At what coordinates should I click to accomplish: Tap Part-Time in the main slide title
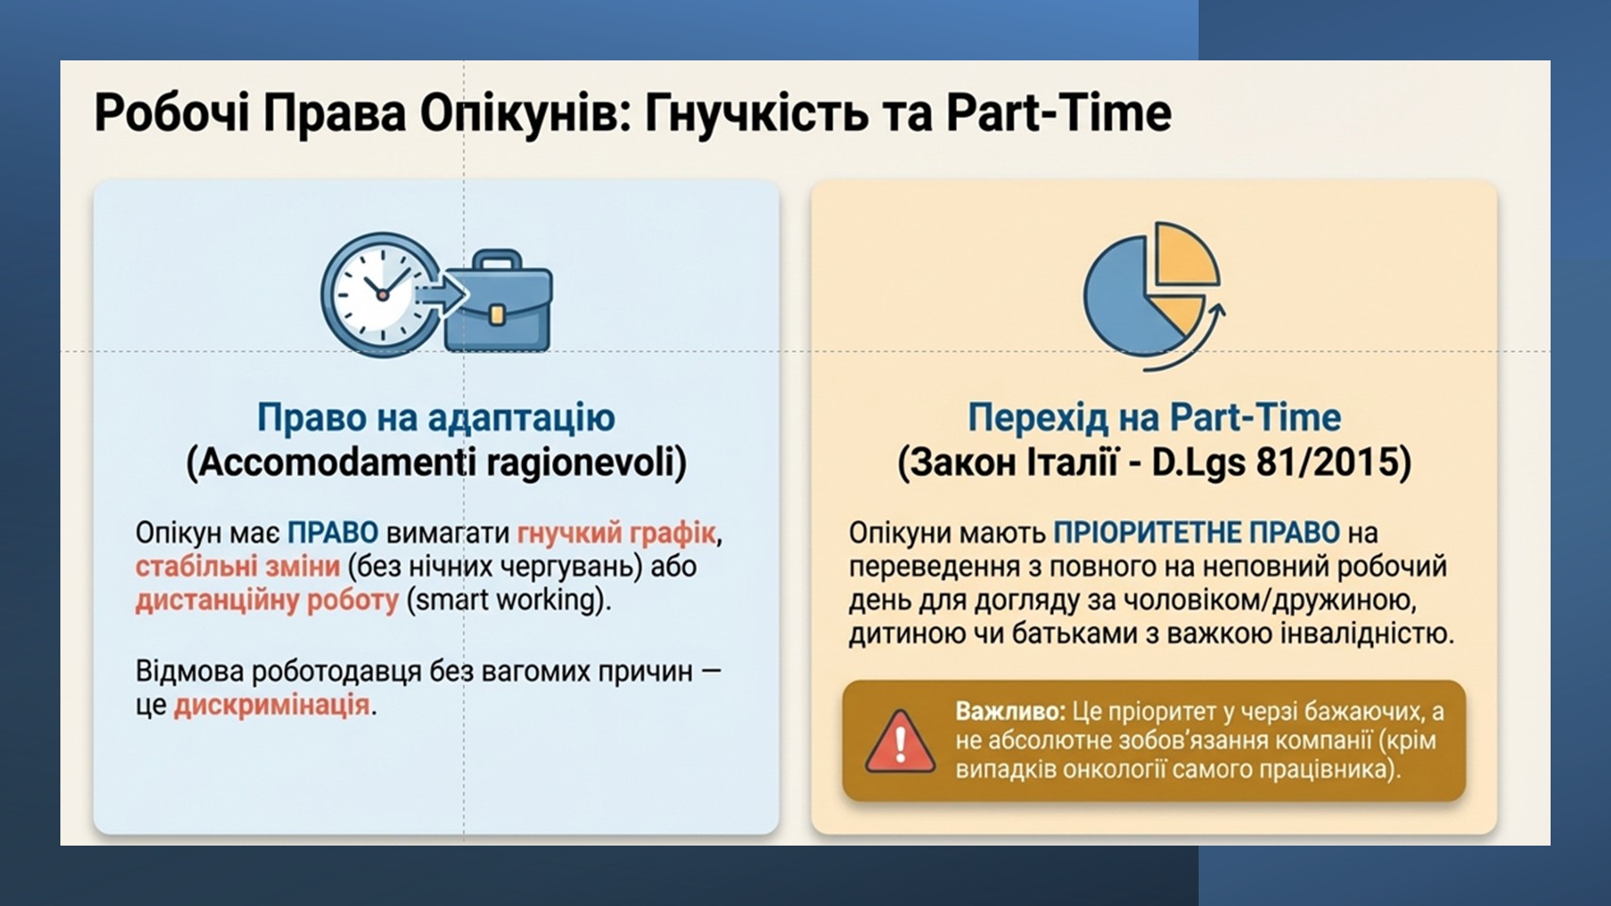click(1059, 113)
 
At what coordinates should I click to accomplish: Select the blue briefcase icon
click(497, 300)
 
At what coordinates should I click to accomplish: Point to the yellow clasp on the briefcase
click(497, 313)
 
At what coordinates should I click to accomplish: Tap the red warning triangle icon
click(899, 742)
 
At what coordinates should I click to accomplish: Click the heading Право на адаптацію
click(436, 417)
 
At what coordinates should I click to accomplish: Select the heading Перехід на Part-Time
click(1153, 417)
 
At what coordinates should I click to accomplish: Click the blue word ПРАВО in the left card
click(333, 533)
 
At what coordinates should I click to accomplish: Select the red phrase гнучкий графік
click(616, 533)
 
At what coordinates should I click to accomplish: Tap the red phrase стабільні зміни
click(237, 566)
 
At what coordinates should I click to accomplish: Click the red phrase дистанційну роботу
click(267, 601)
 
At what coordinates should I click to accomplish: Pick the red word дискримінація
click(272, 706)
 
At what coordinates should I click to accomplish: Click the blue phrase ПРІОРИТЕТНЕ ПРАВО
click(1197, 533)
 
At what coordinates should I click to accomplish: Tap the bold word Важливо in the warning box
click(1010, 712)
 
